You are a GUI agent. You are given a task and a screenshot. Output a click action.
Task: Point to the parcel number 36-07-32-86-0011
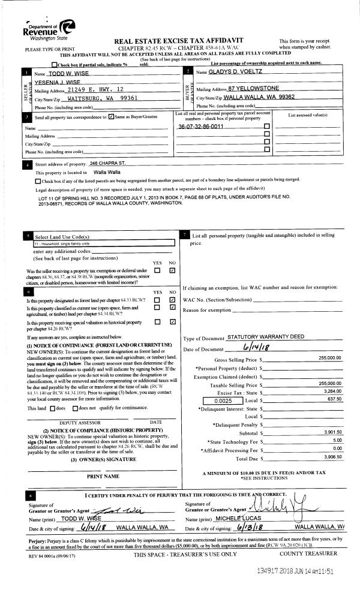pos(201,127)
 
